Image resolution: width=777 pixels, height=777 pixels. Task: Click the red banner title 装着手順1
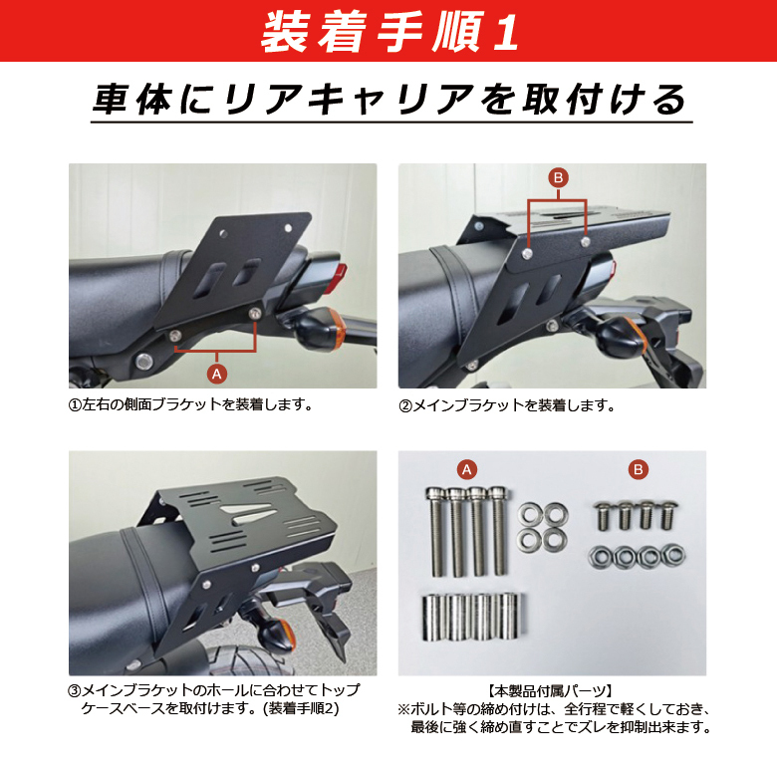click(x=389, y=31)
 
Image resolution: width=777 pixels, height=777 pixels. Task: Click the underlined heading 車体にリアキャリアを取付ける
click(x=389, y=100)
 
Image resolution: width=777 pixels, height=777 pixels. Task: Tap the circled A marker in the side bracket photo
click(x=216, y=374)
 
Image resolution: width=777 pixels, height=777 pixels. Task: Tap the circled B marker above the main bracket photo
click(x=559, y=177)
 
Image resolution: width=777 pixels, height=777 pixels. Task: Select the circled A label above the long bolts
click(x=467, y=469)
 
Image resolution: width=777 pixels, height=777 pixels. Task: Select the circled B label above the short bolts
click(x=639, y=469)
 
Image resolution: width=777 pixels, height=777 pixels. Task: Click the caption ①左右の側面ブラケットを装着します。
click(x=191, y=404)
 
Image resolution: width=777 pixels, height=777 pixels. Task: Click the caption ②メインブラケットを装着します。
click(x=507, y=405)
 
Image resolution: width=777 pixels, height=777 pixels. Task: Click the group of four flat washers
click(x=543, y=527)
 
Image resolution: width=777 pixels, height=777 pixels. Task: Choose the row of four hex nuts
click(x=638, y=557)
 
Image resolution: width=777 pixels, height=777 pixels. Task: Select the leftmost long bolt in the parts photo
click(x=436, y=533)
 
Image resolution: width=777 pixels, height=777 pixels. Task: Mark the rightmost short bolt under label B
click(x=668, y=516)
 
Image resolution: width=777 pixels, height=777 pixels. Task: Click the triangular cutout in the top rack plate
click(x=246, y=512)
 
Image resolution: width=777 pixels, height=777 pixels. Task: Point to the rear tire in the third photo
click(x=248, y=658)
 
